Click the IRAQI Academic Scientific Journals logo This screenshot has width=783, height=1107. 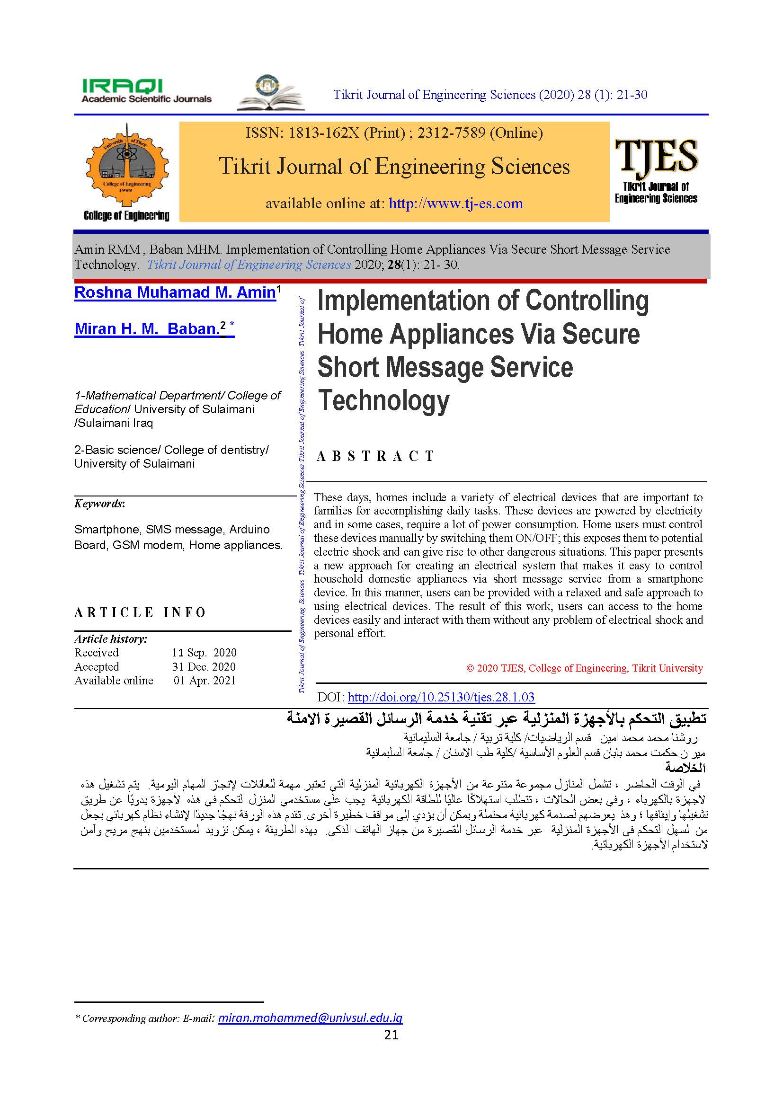point(146,91)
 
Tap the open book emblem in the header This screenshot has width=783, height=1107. point(270,93)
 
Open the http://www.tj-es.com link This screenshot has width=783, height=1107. point(455,204)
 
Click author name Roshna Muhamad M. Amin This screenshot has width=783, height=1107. point(175,292)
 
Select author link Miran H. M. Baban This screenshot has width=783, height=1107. point(147,329)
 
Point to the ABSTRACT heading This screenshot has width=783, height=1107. point(375,456)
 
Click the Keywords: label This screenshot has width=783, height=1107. point(99,504)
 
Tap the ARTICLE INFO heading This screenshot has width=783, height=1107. point(140,613)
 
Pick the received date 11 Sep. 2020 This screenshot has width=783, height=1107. point(204,653)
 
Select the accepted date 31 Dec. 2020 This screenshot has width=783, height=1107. point(204,667)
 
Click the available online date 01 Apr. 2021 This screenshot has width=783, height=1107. point(205,681)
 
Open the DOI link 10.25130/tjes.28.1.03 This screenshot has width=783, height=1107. point(441,697)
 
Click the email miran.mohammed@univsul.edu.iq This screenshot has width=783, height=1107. point(310,1018)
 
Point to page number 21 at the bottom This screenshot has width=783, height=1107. point(391,1035)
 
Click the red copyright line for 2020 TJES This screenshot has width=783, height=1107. point(584,668)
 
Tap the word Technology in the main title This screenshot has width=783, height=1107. point(384,400)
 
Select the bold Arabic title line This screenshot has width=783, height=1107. point(496,719)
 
